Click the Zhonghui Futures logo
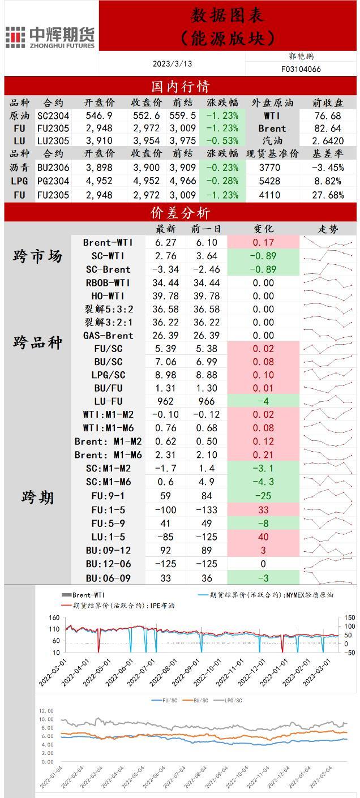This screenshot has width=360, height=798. [50, 37]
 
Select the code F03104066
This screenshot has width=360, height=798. [301, 69]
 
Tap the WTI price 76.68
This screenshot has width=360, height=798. [328, 115]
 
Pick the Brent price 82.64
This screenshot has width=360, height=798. [328, 128]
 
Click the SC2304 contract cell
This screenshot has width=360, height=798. [53, 115]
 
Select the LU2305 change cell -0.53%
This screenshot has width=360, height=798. [222, 141]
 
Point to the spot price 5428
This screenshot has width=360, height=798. [269, 181]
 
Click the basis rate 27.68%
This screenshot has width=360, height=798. [328, 195]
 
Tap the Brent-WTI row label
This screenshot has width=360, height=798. [108, 242]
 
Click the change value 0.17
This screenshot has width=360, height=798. [263, 242]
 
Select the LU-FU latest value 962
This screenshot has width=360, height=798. [165, 401]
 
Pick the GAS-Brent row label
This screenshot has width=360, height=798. [108, 335]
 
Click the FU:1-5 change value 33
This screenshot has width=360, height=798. [263, 510]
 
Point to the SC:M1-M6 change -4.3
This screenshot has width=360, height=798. [263, 482]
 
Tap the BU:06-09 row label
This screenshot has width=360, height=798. [108, 578]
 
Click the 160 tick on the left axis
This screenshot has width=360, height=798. [54, 617]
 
